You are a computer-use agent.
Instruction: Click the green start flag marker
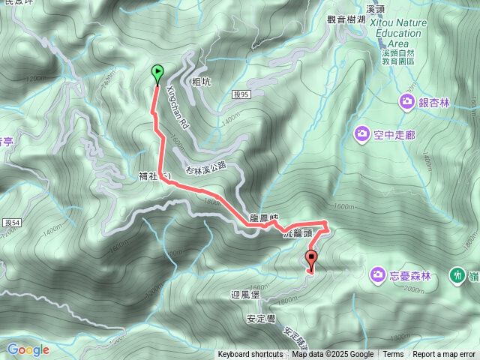[x=157, y=73]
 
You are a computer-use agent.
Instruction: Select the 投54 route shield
[x=10, y=223]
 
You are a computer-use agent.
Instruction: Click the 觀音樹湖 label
[x=346, y=19]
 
